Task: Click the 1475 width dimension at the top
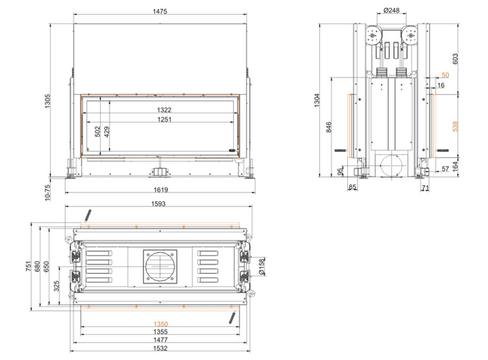pos(160,11)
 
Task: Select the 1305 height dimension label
pos(47,101)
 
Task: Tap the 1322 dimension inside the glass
pos(164,110)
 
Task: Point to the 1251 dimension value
pos(164,119)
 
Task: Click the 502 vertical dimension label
pos(98,131)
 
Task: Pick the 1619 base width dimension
pos(160,189)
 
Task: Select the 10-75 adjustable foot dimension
pos(47,193)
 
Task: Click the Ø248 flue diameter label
pos(391,10)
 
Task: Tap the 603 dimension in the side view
pos(455,59)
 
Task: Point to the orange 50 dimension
pos(445,75)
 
